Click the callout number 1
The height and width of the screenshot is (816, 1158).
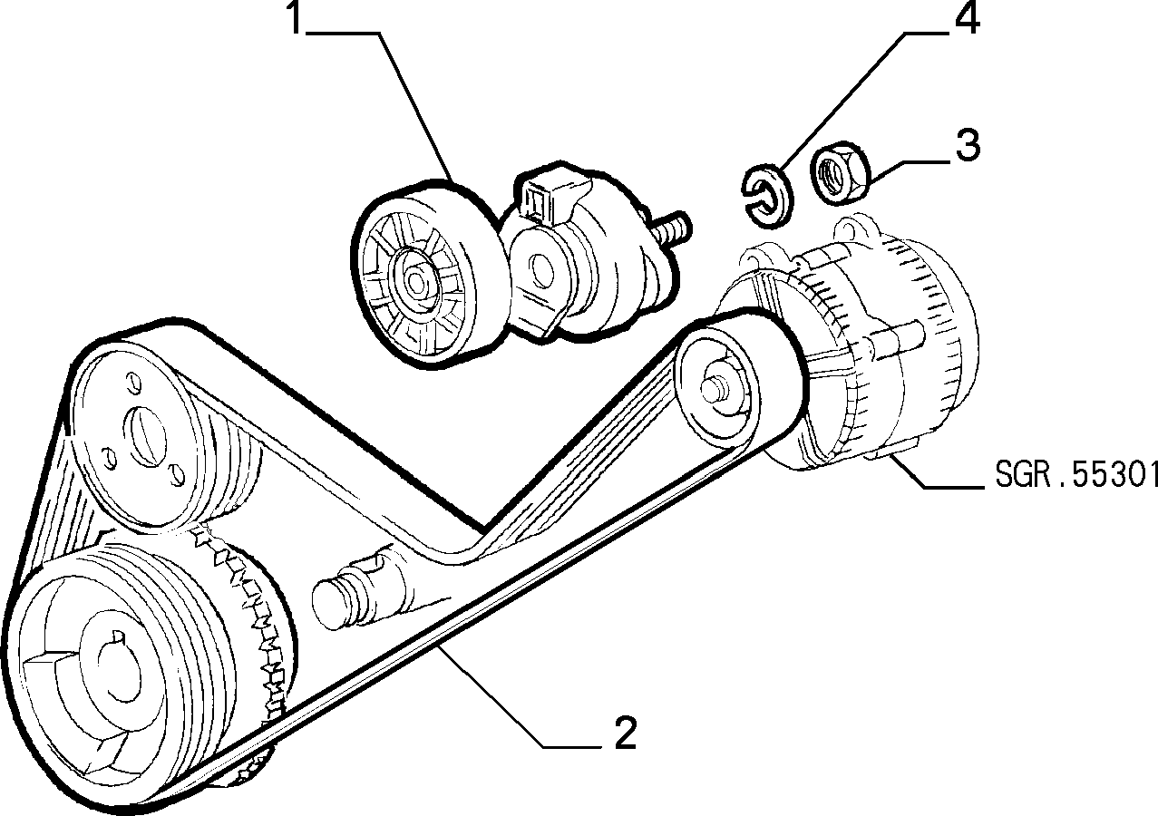(x=296, y=18)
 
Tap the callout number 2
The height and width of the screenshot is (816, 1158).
(x=625, y=733)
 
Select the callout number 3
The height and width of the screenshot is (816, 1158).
(x=968, y=145)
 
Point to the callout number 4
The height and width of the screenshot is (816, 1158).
(x=967, y=17)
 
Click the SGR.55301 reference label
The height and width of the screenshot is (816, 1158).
(x=1076, y=474)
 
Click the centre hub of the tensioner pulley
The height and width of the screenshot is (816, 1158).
(x=415, y=280)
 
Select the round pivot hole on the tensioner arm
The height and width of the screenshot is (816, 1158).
(x=542, y=270)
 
